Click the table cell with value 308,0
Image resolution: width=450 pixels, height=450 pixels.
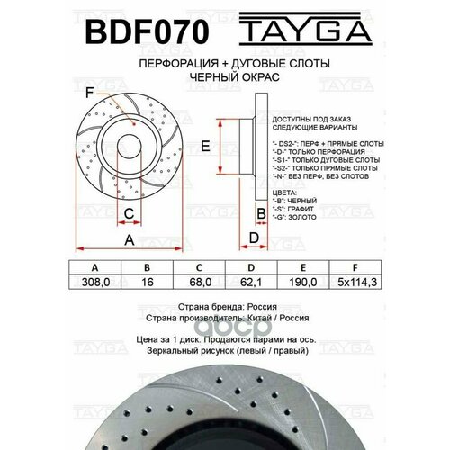pos(94,283)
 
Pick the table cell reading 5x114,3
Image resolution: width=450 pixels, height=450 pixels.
pos(358,283)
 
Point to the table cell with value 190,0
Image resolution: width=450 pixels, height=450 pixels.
pos(306,283)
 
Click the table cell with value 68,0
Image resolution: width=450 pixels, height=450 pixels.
pos(200,283)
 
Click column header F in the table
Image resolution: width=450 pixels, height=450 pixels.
pos(358,268)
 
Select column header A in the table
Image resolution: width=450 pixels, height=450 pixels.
pos(94,268)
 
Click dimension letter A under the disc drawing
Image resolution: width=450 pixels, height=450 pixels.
pos(129,240)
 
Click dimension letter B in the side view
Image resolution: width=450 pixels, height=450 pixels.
pos(261,212)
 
